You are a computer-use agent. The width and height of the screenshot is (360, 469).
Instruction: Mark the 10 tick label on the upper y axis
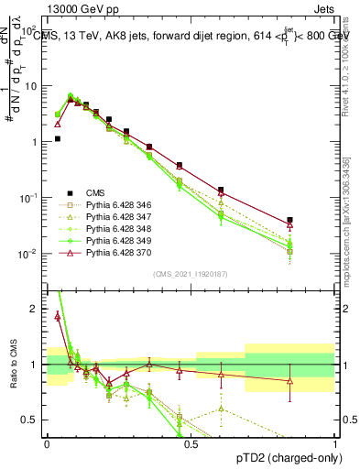click(x=33, y=86)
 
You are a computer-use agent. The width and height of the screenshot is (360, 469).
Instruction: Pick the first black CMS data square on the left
click(x=57, y=139)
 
